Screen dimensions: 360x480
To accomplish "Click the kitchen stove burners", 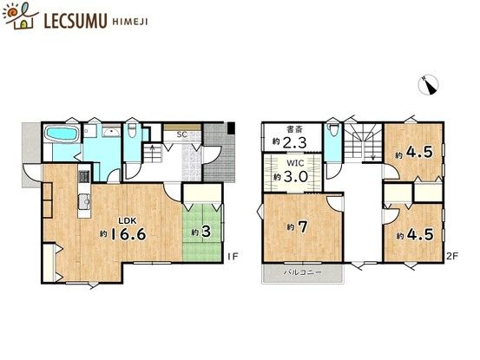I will tap(85, 179).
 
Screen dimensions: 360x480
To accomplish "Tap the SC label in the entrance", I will tap(181, 134).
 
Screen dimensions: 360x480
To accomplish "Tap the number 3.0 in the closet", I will tap(296, 176).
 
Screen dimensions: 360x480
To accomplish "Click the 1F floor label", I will tap(232, 255).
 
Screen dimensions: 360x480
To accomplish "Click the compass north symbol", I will tap(429, 84).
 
